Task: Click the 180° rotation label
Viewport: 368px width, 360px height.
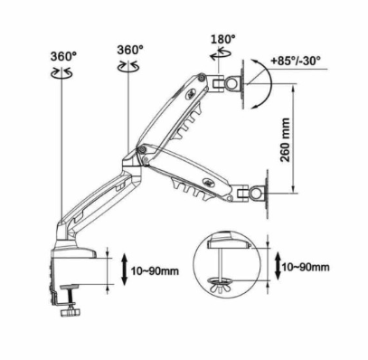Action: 223,39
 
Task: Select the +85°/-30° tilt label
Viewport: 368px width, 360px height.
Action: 296,61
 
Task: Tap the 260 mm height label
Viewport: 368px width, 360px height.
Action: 285,139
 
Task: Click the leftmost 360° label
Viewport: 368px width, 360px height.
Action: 63,56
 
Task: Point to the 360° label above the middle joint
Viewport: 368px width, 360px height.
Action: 130,50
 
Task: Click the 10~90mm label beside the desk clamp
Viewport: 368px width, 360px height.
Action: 155,270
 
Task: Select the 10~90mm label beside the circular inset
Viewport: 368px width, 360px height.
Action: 306,267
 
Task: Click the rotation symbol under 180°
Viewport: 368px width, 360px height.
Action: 221,55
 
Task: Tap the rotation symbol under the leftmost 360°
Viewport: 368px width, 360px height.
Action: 61,73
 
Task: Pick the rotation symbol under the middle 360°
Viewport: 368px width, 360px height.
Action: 128,66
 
